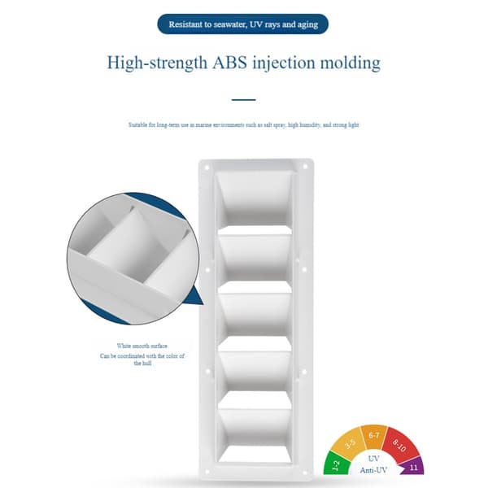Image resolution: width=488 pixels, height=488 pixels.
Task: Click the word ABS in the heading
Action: tap(229, 63)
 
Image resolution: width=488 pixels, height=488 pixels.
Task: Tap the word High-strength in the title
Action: tap(157, 63)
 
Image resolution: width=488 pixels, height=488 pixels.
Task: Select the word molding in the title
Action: tap(351, 63)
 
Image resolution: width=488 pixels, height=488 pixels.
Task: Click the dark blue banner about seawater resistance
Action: tap(242, 24)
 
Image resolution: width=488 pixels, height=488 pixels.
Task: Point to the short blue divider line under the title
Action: tap(244, 99)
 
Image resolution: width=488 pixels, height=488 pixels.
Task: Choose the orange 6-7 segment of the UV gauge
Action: tap(374, 436)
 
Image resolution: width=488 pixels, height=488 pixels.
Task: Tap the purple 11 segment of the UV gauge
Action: tap(413, 467)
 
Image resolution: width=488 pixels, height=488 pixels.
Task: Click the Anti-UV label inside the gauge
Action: tap(373, 470)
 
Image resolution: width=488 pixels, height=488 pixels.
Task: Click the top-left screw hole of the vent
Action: tap(207, 168)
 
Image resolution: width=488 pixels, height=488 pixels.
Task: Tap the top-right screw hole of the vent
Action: tap(305, 167)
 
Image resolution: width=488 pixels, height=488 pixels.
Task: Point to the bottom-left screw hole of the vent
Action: tap(207, 472)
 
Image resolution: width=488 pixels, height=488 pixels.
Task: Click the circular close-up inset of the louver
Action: tap(133, 259)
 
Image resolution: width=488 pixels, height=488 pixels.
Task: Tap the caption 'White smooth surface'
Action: tap(142, 346)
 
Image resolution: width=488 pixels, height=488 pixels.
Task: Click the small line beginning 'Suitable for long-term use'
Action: tap(244, 124)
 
